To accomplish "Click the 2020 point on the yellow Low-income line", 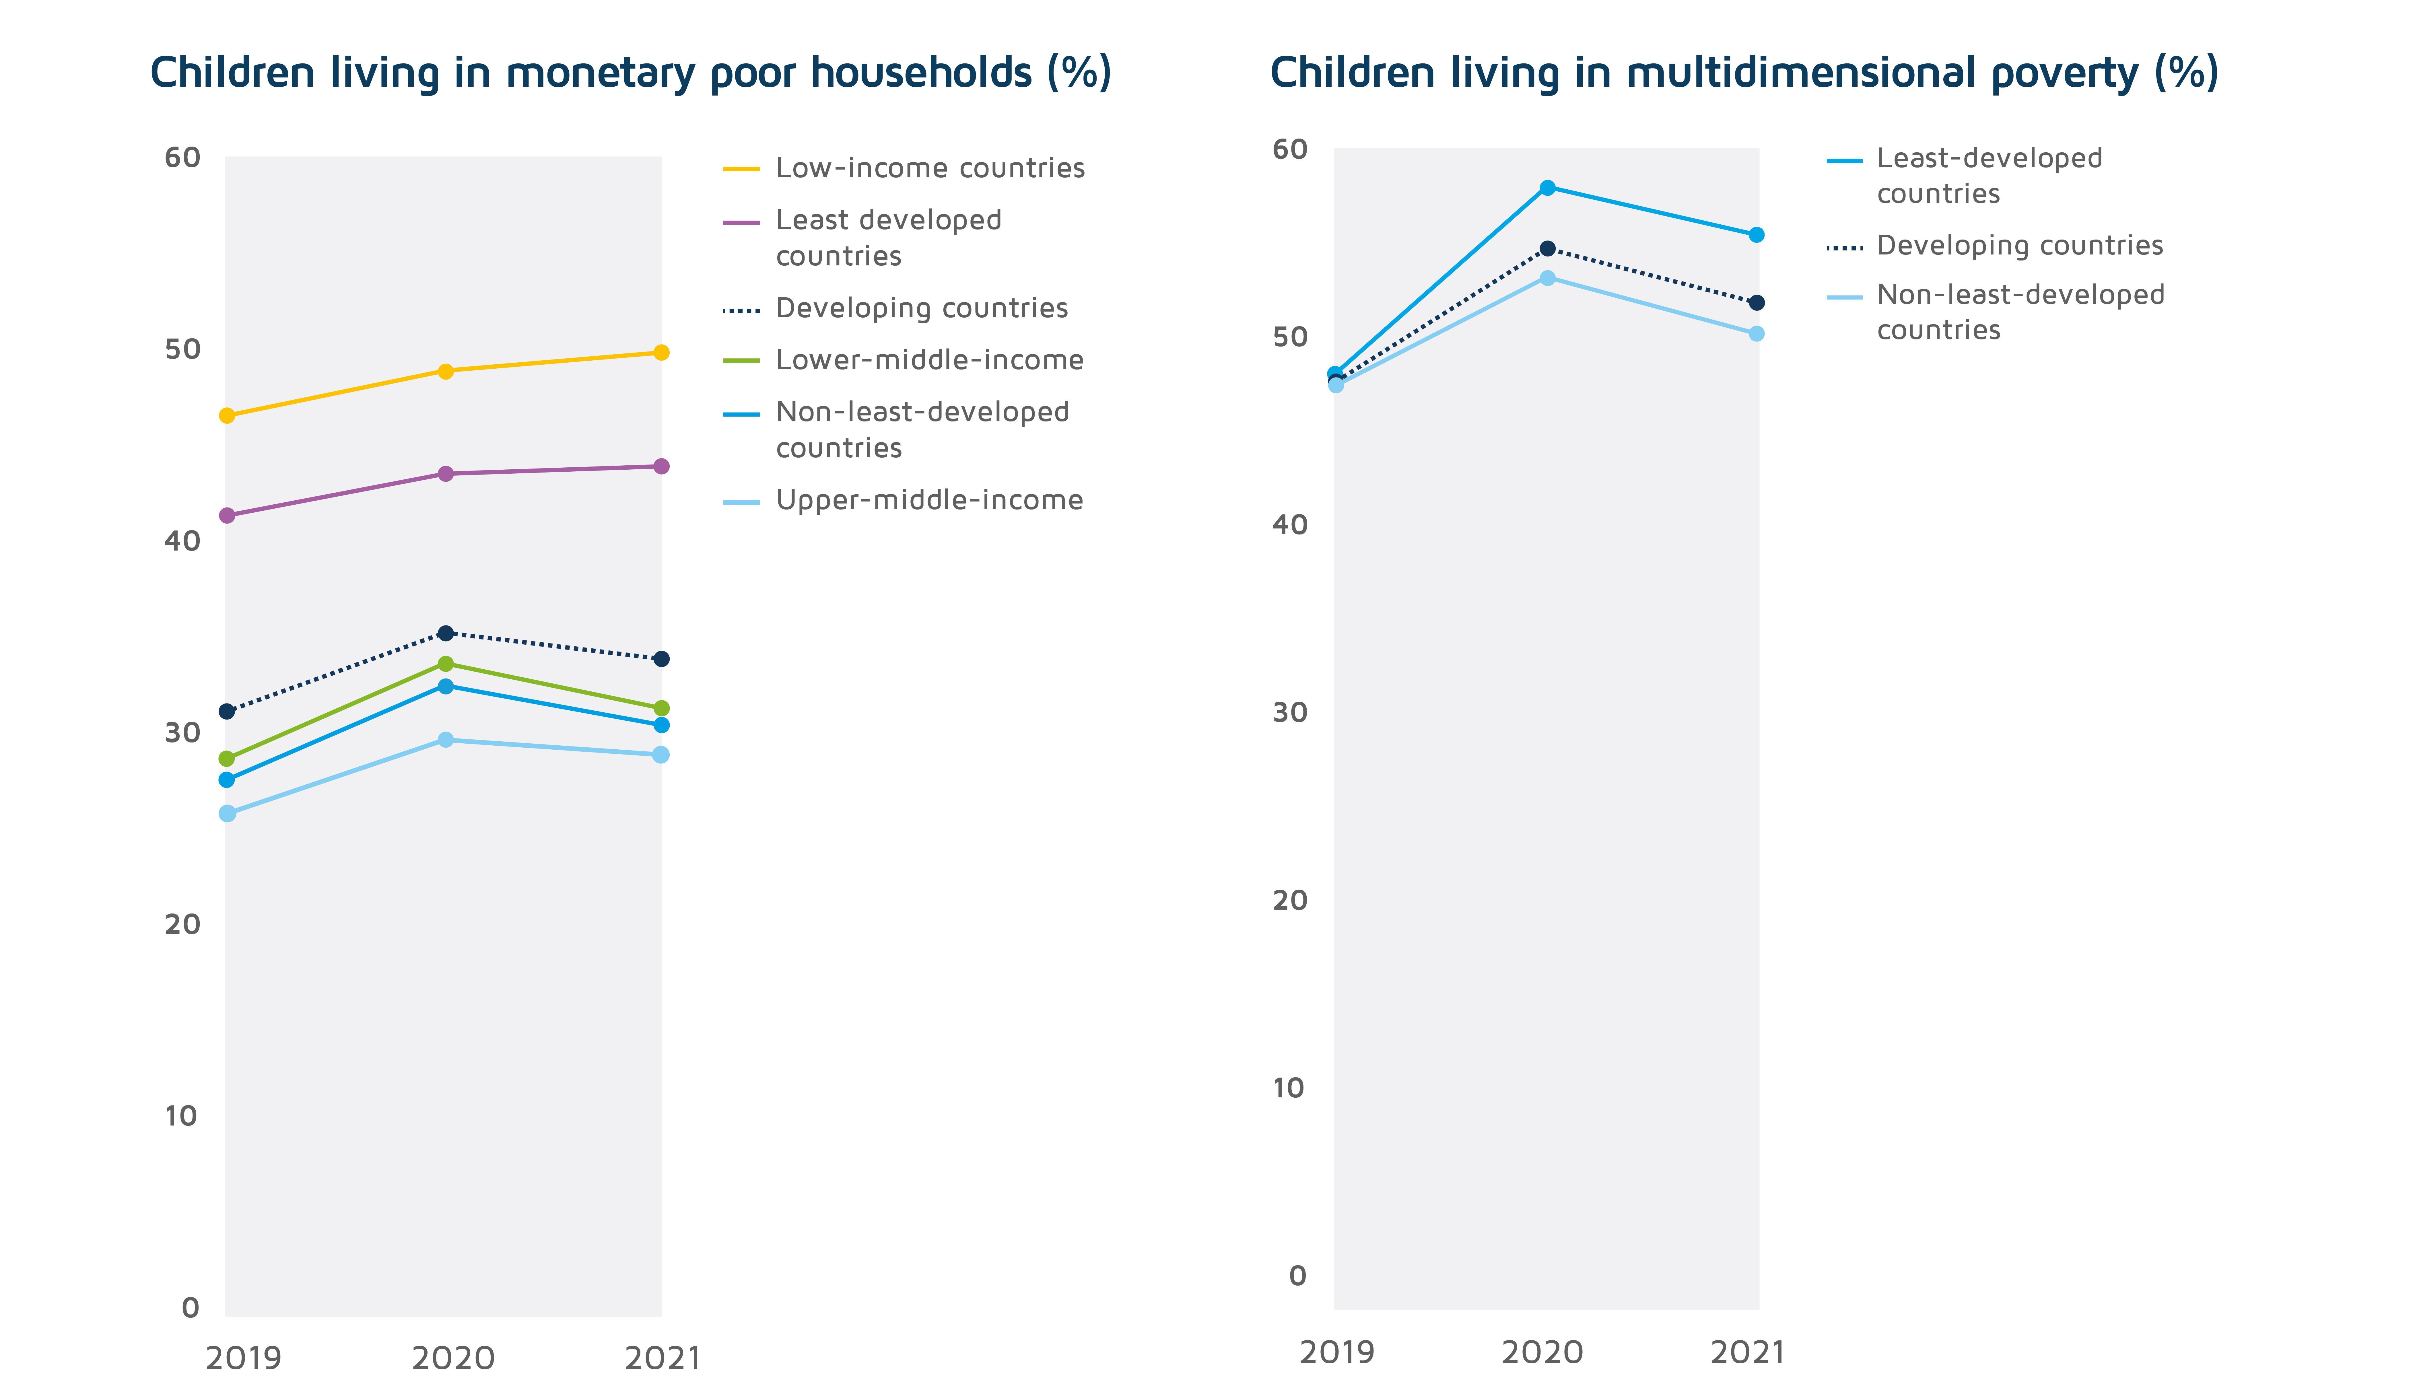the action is tap(444, 371).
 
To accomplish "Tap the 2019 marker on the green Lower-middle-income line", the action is tap(227, 759).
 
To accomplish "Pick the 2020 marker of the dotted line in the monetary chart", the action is tap(444, 633).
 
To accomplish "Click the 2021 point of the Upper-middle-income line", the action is tap(660, 755).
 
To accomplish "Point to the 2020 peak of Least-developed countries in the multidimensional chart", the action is tap(1547, 188).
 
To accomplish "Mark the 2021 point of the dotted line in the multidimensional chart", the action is tap(1756, 303).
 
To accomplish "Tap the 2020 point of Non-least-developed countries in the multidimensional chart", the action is tap(1547, 278).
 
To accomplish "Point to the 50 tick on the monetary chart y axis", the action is tap(183, 349).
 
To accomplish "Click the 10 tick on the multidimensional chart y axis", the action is tap(1289, 1088).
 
